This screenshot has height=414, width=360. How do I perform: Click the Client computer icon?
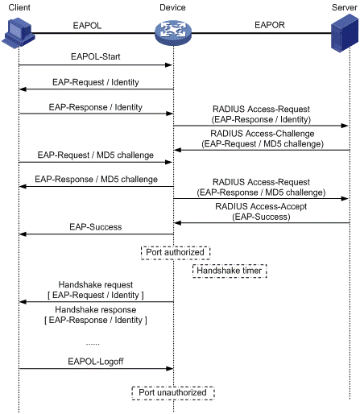point(19,33)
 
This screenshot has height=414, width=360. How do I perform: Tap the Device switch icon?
point(173,33)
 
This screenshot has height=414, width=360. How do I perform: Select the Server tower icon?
point(345,33)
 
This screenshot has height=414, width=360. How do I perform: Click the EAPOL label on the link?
point(87,26)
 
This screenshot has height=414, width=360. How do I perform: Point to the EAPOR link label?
point(270,25)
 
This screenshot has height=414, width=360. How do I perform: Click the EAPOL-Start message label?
point(96,56)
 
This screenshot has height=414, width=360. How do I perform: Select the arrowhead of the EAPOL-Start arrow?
point(168,65)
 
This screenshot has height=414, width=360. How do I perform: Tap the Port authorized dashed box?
point(176,253)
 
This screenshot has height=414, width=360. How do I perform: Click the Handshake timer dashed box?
point(230,271)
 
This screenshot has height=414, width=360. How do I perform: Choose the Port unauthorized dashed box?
point(173,393)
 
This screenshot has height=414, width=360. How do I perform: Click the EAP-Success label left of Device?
point(96,227)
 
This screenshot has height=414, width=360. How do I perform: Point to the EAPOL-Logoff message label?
point(96,362)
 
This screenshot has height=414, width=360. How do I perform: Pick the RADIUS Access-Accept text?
point(261,206)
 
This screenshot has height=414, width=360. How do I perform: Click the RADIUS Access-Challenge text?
point(263,134)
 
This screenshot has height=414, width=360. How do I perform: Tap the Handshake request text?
point(96,284)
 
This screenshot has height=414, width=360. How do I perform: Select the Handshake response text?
point(96,310)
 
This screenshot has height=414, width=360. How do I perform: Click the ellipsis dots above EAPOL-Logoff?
point(93,344)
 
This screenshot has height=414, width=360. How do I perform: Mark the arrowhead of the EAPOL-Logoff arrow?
point(170,369)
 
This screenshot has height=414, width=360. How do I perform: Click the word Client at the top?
point(19,7)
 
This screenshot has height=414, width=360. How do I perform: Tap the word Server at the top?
point(345,7)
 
